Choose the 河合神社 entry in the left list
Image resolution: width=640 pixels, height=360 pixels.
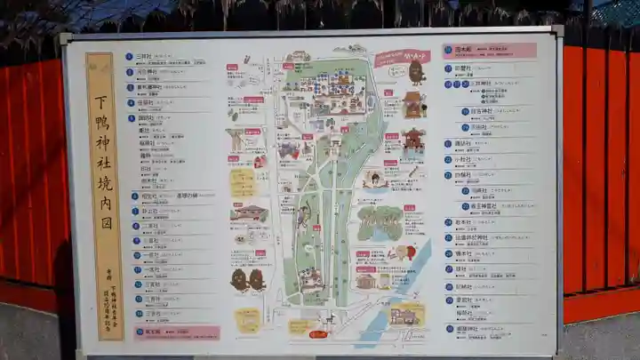pyautogui.click(x=147, y=72)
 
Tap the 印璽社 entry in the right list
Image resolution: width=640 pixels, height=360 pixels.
pyautogui.click(x=463, y=68)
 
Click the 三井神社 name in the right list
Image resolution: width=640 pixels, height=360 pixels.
pyautogui.click(x=479, y=84)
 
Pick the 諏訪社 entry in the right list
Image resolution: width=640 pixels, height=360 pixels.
pyautogui.click(x=463, y=143)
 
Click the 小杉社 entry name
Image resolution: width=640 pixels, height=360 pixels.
pyautogui.click(x=463, y=159)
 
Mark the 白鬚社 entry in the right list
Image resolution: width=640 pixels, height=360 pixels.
pyautogui.click(x=463, y=175)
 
